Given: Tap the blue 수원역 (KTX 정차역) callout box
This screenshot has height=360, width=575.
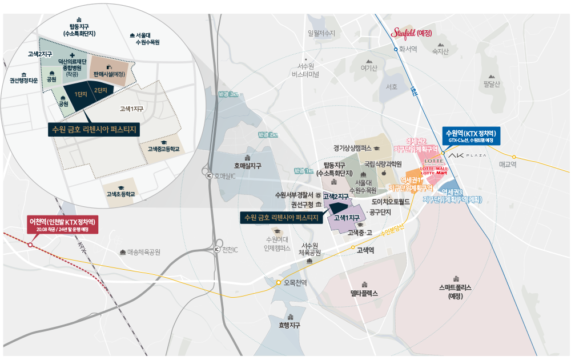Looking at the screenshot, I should point(472,135).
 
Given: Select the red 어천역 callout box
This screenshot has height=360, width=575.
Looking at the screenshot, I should point(63,225).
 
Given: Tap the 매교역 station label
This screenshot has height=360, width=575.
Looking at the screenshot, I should point(507,164).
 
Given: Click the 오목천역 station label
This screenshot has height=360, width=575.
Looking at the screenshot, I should point(295,283).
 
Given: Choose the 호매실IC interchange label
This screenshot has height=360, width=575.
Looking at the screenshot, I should point(224,176).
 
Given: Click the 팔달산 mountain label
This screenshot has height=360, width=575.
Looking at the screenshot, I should point(491,84).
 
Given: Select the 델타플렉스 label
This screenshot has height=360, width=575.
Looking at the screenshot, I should point(364,293).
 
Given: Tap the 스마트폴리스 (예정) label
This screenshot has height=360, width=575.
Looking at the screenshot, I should point(455,292).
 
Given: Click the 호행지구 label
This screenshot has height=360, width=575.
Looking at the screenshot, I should point(289,325).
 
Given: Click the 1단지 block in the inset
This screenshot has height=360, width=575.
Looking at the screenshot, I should point(81,93).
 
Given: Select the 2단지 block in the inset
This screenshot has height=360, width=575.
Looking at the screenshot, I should point(101,90).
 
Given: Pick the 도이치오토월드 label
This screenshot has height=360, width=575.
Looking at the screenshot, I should point(391,201).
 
